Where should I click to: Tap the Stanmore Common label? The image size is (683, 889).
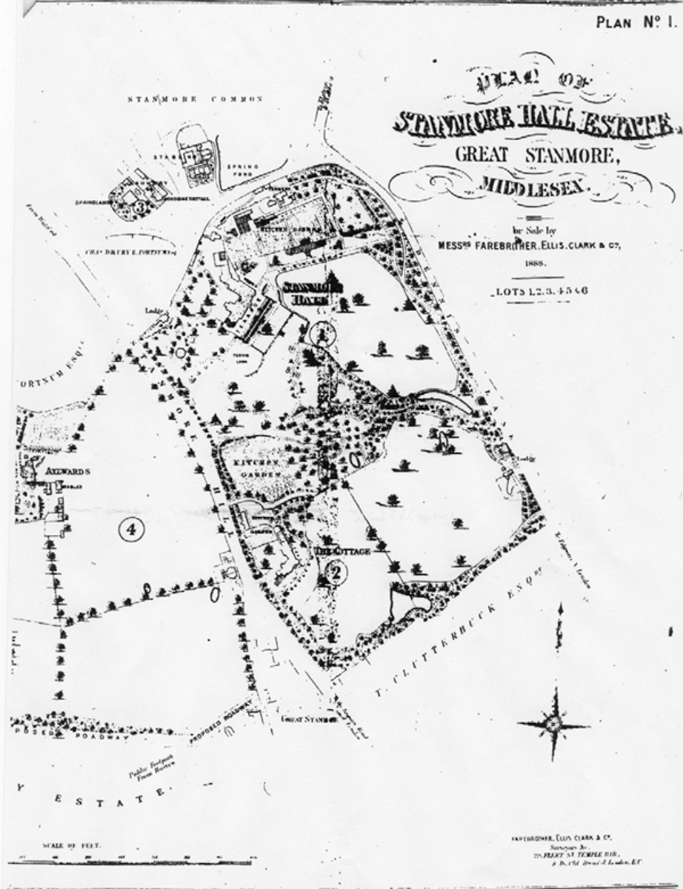point(196,99)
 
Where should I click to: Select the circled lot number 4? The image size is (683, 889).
point(130,529)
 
